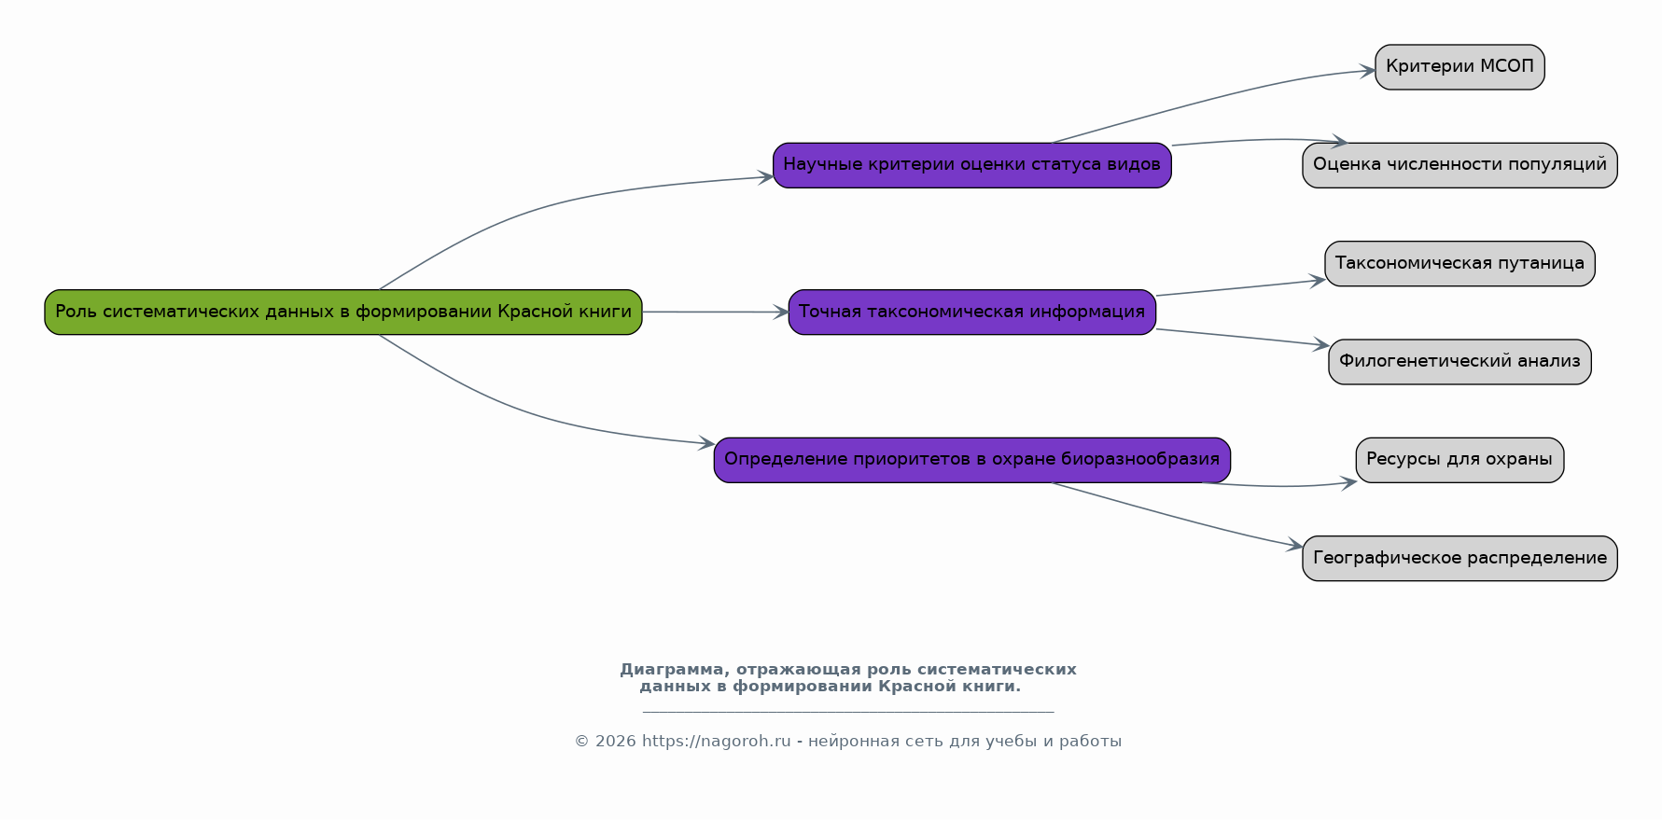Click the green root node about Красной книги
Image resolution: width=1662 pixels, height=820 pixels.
[343, 312]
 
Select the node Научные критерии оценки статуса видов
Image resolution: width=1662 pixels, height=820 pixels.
[971, 165]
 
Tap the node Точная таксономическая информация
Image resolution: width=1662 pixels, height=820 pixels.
[971, 312]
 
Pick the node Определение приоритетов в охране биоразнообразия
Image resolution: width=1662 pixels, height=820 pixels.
[971, 460]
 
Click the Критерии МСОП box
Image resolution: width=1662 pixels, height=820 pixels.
[1459, 67]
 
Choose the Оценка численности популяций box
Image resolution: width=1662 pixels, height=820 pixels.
[1459, 165]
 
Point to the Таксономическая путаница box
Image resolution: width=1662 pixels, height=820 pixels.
[1459, 263]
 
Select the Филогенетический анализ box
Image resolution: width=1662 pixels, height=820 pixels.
[1459, 361]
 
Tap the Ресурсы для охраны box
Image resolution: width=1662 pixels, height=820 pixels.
[1459, 460]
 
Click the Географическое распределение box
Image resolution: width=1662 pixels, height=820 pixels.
[1459, 558]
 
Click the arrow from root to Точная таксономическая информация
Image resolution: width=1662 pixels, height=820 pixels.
[716, 312]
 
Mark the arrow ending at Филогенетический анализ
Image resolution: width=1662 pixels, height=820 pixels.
[1242, 338]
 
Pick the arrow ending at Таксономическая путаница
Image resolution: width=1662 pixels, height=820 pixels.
[1240, 287]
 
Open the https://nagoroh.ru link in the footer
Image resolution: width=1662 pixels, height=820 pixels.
[716, 742]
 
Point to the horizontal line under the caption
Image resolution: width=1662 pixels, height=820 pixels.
[848, 712]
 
